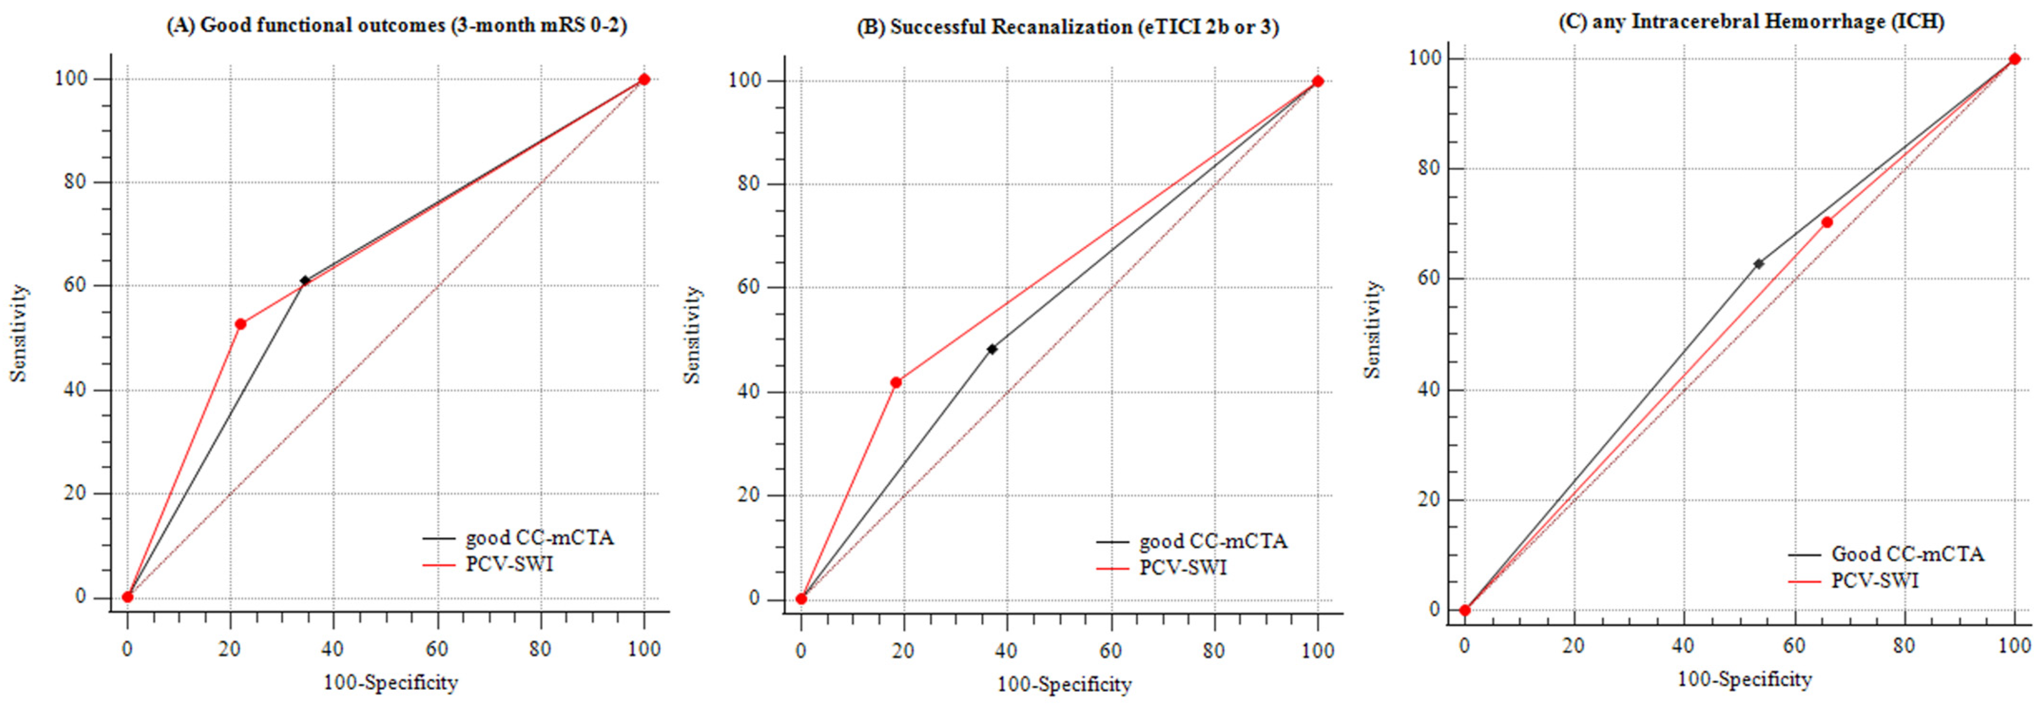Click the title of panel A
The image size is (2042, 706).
[397, 25]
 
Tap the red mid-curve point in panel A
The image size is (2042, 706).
[240, 324]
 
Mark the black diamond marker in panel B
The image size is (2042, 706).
[992, 349]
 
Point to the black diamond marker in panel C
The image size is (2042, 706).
[1758, 264]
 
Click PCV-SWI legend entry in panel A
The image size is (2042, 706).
[509, 564]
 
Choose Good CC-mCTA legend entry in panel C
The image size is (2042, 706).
[1907, 554]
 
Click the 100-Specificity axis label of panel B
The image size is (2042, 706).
[1064, 684]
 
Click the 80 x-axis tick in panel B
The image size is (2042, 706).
[1214, 650]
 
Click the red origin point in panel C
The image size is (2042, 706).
[1465, 610]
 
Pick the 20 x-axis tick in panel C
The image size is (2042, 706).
[1574, 646]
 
